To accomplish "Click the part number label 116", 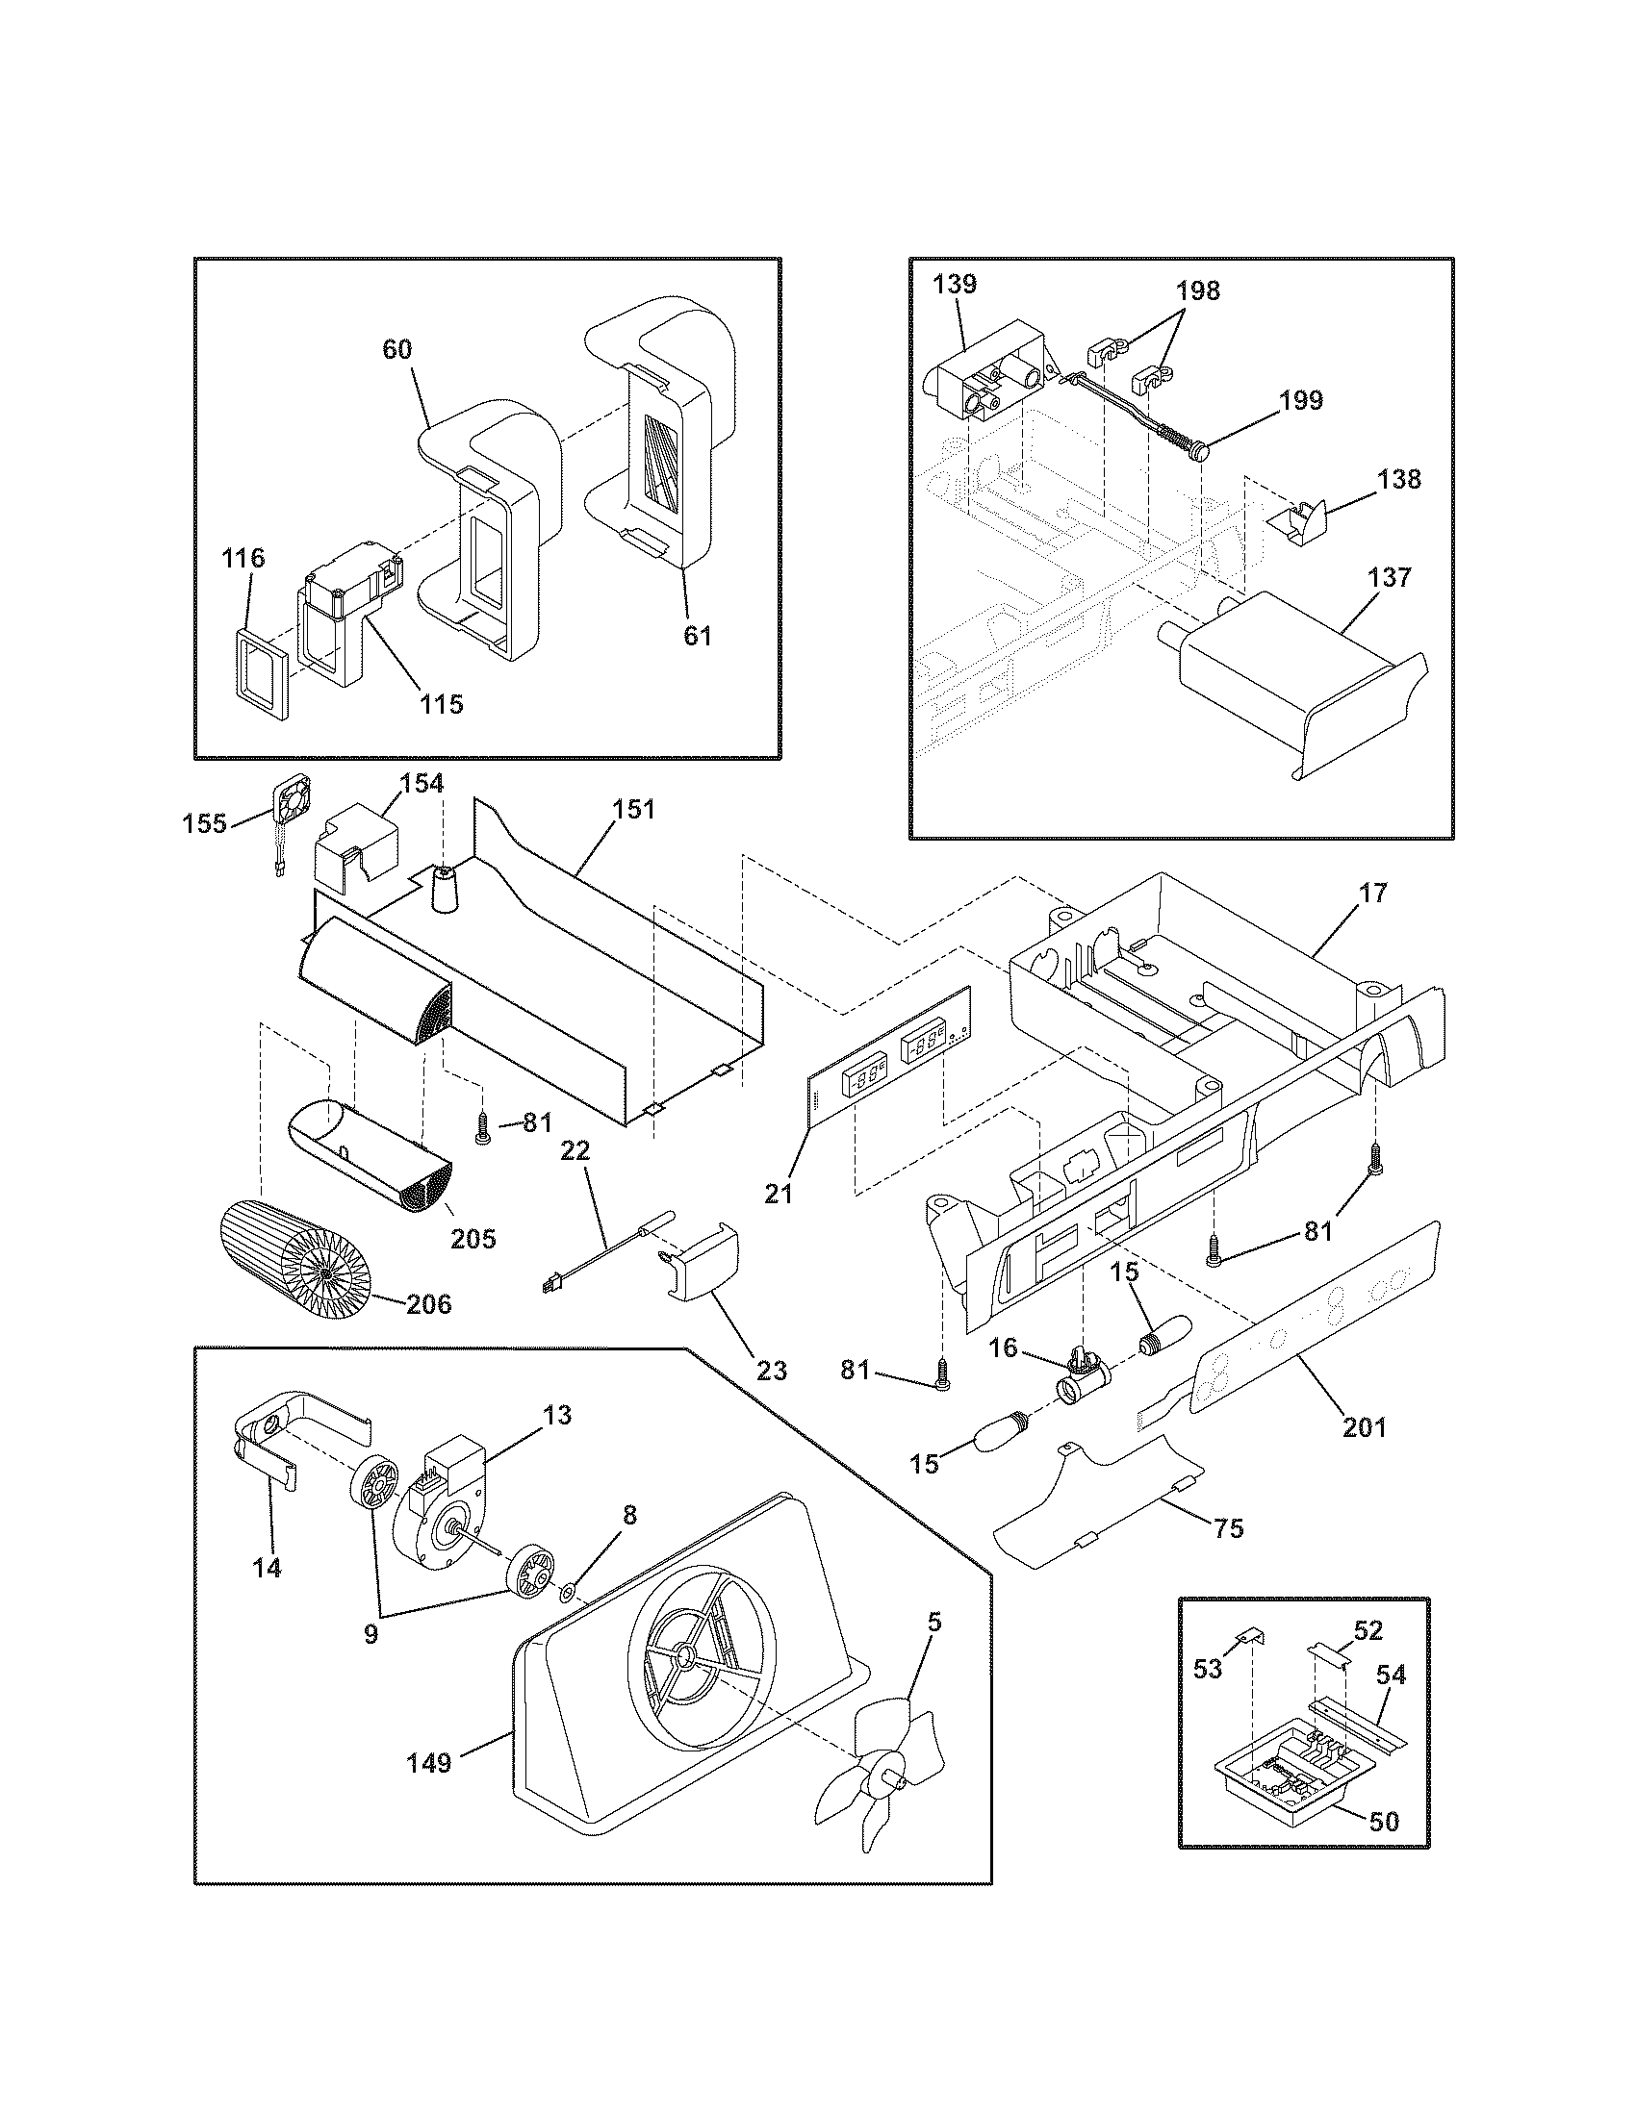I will (x=243, y=559).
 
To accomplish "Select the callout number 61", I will (x=697, y=636).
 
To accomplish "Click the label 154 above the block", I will (x=422, y=783).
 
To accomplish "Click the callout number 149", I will (x=429, y=1761).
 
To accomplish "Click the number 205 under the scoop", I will (x=473, y=1238).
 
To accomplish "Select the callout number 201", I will (x=1364, y=1425).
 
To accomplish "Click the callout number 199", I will (x=1301, y=400).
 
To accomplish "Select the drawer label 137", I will (x=1391, y=577).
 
